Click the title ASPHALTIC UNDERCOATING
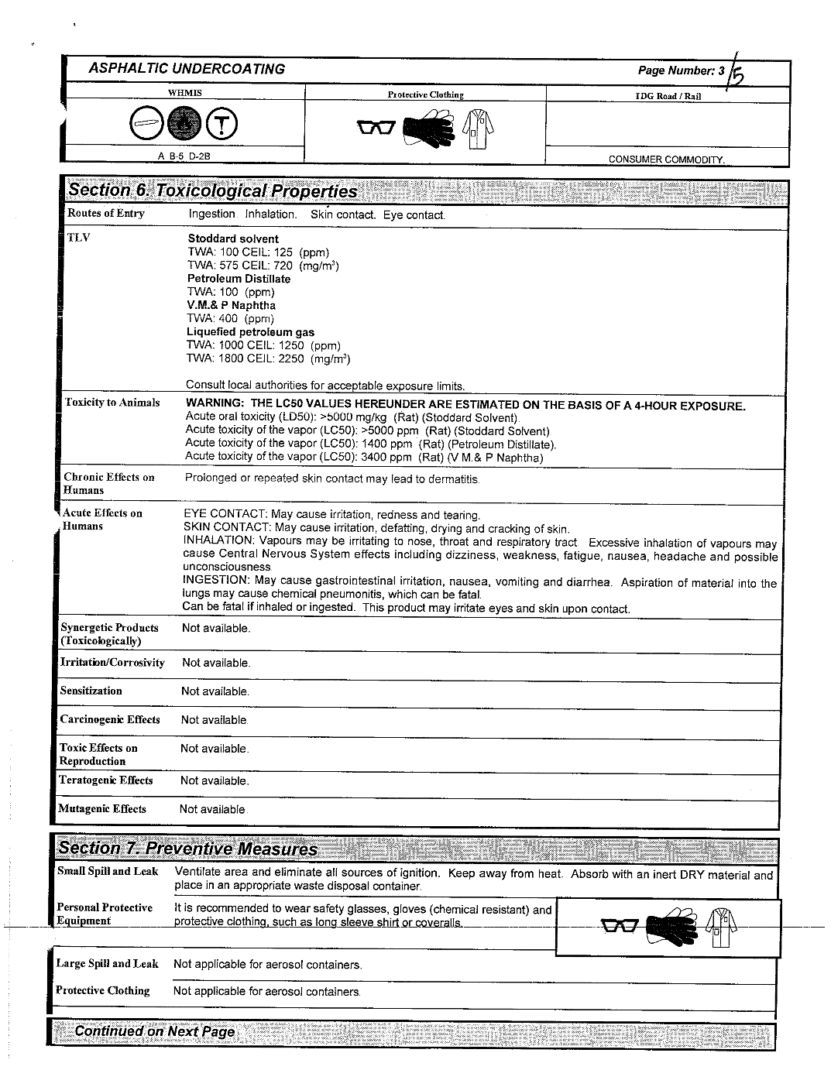[x=187, y=69]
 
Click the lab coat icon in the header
[x=477, y=127]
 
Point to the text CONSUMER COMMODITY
[x=667, y=159]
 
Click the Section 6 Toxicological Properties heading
[x=213, y=191]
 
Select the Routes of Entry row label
[x=106, y=213]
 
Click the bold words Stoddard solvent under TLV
[x=233, y=238]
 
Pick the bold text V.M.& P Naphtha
[x=232, y=305]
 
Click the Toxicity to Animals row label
[x=112, y=403]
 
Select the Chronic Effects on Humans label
[x=109, y=483]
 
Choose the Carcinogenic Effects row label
[x=110, y=719]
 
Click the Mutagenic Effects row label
[x=102, y=809]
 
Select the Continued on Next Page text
[x=154, y=1031]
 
